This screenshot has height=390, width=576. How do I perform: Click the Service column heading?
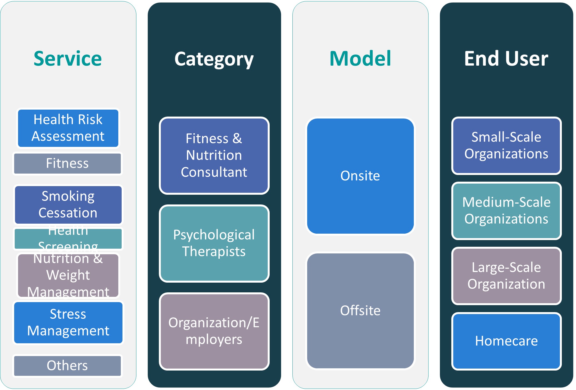point(68,59)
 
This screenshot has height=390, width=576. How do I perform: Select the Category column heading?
point(214,59)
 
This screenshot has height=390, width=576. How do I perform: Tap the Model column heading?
point(360,59)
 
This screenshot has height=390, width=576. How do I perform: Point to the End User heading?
point(506,59)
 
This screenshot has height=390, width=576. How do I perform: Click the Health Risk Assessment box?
point(68,128)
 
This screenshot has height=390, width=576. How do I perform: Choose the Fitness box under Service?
point(67,163)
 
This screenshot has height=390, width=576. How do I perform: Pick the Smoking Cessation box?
point(68,205)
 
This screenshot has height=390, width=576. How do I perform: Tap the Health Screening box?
point(68,239)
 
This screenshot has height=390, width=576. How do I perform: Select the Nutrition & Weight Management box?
point(68,275)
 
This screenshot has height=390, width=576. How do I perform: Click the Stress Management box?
point(68,322)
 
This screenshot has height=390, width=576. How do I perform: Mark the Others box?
point(67,366)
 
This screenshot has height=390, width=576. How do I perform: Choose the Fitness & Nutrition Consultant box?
point(214,155)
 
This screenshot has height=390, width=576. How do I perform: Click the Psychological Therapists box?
point(214,243)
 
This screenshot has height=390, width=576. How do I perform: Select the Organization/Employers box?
point(214,331)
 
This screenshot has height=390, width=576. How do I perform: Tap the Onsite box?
point(360,176)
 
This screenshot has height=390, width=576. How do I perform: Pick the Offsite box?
point(360,310)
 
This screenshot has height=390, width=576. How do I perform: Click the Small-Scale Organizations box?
point(506,145)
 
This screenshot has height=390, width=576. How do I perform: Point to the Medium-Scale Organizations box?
point(506,211)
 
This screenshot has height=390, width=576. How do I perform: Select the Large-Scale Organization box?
point(506,276)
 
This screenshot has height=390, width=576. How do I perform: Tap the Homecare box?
point(506,341)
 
